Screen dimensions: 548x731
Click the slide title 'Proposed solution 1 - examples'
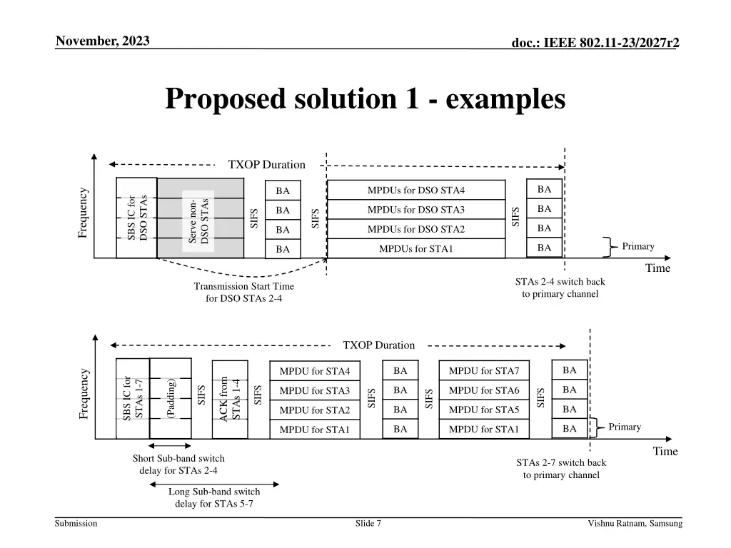(x=365, y=98)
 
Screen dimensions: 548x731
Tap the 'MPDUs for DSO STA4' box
(x=415, y=190)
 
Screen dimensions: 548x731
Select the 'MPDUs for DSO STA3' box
(x=415, y=210)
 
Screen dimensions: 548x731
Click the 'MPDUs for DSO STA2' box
(x=415, y=229)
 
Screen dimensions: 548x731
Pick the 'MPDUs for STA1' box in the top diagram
(x=415, y=249)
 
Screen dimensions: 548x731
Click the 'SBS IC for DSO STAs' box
(x=136, y=218)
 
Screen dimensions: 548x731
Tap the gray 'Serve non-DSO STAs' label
(x=198, y=220)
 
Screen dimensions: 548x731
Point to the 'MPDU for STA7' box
(x=483, y=371)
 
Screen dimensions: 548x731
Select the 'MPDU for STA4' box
(x=314, y=371)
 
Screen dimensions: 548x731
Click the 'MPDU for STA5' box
(x=483, y=410)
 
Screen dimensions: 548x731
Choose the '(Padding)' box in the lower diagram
(x=171, y=398)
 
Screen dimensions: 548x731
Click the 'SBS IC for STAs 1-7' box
(x=133, y=398)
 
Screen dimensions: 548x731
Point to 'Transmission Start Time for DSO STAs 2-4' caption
(x=243, y=292)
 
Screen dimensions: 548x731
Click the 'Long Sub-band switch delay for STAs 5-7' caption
(x=214, y=497)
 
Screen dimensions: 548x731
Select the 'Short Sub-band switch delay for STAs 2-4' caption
(x=178, y=464)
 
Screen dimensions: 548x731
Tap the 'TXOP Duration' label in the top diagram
(x=266, y=165)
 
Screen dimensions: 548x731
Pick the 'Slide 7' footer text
(x=368, y=524)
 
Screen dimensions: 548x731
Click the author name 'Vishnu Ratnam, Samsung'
(x=635, y=524)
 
